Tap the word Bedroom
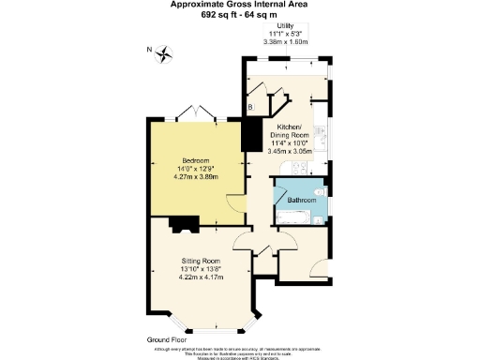[x=195, y=159]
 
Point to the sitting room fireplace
[x=183, y=223]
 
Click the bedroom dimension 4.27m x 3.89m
[x=195, y=176]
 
